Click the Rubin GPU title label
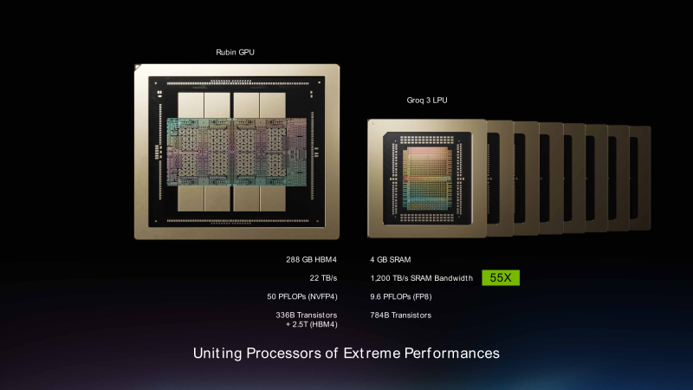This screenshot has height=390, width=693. [x=235, y=53]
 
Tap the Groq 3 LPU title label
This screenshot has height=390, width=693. [x=427, y=101]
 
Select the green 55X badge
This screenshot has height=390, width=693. [x=500, y=278]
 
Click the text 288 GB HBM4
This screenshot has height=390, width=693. [x=305, y=259]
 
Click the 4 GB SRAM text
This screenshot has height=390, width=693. [x=391, y=259]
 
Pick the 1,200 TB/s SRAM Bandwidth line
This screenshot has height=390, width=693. [x=421, y=278]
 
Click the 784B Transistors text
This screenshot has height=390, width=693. [x=400, y=315]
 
